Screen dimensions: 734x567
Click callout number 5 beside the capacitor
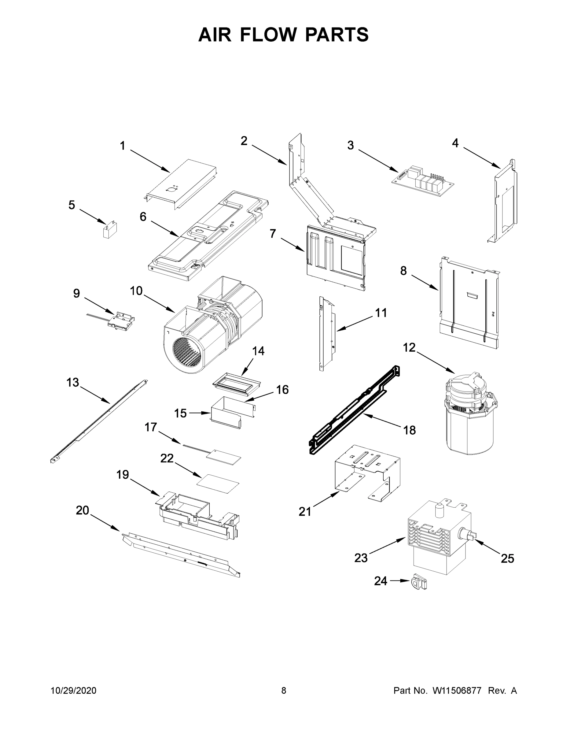coord(72,205)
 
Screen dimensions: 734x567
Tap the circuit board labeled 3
coord(422,182)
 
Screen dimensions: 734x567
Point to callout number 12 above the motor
coord(409,347)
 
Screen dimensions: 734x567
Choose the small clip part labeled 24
coord(418,581)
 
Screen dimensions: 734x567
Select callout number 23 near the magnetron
coord(361,558)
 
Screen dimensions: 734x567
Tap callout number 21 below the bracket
coord(305,512)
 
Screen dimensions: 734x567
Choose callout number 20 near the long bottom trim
coord(82,510)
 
